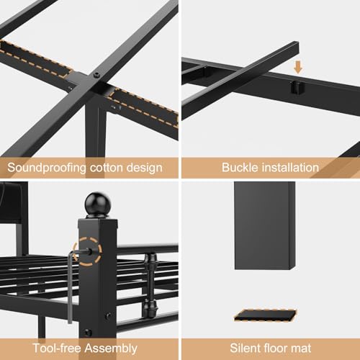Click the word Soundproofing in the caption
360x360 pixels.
[x=47, y=168]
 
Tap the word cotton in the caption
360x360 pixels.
[x=106, y=167]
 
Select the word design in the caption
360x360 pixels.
[x=144, y=168]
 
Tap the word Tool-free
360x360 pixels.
[x=56, y=348]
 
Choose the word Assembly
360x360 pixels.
[x=111, y=348]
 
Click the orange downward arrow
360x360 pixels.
[x=298, y=67]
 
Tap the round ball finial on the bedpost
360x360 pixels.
[x=98, y=204]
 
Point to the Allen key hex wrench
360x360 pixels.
[x=70, y=287]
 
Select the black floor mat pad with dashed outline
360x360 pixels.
[x=265, y=315]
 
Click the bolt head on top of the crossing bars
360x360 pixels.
[x=96, y=75]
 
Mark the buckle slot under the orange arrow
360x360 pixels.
[x=297, y=88]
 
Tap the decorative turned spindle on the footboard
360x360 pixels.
[x=150, y=286]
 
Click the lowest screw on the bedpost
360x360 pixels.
[x=87, y=333]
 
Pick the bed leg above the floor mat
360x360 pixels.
[x=265, y=225]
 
